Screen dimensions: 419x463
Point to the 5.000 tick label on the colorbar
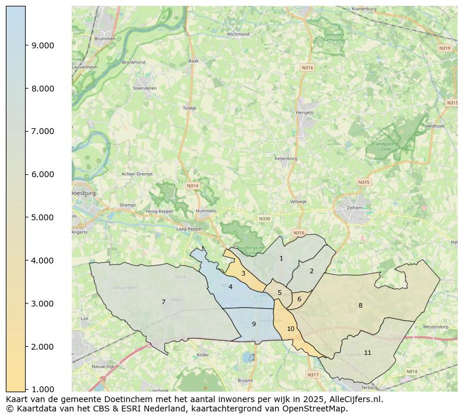click(42, 217)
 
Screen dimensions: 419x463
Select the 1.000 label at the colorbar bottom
click(42, 389)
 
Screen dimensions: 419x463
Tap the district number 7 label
click(163, 302)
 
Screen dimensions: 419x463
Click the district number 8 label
click(360, 305)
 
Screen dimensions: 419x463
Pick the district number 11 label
click(367, 353)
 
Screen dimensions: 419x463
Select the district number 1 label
click(281, 258)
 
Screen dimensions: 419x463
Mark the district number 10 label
click(290, 329)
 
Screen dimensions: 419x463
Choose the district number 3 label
click(243, 273)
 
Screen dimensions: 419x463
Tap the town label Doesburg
click(83, 193)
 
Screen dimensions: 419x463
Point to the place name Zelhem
click(354, 207)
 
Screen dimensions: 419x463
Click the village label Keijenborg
click(286, 158)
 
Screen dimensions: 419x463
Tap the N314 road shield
click(192, 186)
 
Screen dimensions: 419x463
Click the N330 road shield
click(265, 219)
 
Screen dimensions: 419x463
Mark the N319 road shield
click(444, 48)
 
